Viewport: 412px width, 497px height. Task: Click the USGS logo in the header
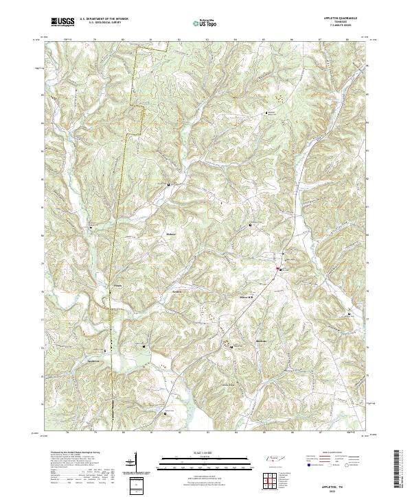pyautogui.click(x=63, y=23)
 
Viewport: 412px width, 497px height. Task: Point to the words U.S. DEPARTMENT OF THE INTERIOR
pyautogui.click(x=104, y=19)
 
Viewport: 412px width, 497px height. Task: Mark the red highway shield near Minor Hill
pyautogui.click(x=278, y=269)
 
